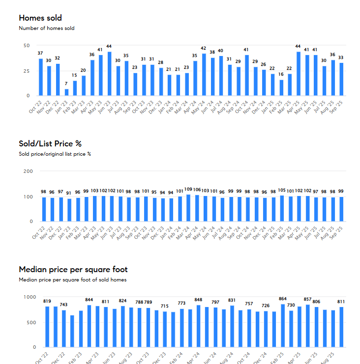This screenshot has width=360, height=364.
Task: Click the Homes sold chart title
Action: [x=40, y=18]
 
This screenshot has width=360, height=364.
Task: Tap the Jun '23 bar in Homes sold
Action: [x=109, y=74]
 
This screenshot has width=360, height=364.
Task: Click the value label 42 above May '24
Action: [x=204, y=48]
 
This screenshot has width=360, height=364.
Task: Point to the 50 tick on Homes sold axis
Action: [x=26, y=45]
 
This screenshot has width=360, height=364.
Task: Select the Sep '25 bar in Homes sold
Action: [x=341, y=79]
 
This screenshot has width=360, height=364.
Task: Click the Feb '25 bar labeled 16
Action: [x=281, y=87]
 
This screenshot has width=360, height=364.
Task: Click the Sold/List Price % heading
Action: [x=50, y=143]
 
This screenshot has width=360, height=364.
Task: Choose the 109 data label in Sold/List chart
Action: [x=188, y=189]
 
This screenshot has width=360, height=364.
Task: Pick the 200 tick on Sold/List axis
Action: [x=28, y=171]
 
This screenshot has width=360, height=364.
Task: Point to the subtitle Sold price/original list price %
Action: [x=55, y=154]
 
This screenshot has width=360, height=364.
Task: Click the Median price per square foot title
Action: [x=73, y=269]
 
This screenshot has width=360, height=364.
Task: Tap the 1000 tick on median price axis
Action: [x=30, y=297]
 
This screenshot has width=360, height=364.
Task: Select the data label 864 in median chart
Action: [x=282, y=299]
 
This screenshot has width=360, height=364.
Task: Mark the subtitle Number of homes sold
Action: [x=47, y=28]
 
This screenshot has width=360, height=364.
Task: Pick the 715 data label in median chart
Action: [x=164, y=306]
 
